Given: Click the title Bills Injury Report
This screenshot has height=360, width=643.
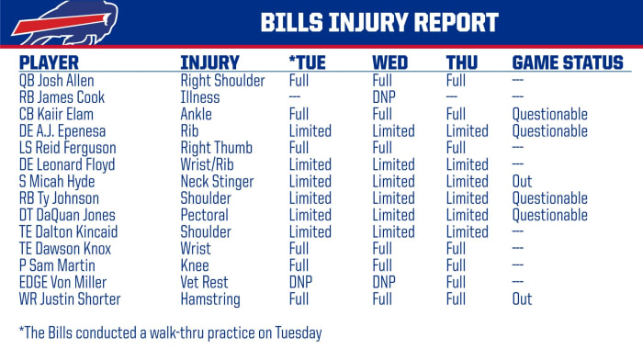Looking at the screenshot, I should pyautogui.click(x=378, y=23).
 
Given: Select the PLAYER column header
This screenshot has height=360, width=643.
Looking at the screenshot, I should pyautogui.click(x=50, y=63).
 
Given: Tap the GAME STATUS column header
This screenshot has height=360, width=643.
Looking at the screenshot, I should pyautogui.click(x=567, y=63).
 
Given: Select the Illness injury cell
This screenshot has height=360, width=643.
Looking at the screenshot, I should pyautogui.click(x=200, y=97).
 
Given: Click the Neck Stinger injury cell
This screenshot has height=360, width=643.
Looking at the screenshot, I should pyautogui.click(x=218, y=182).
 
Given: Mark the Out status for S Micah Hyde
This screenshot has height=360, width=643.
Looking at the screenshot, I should pyautogui.click(x=522, y=182).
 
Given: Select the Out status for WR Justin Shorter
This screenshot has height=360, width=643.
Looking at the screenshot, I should pyautogui.click(x=522, y=299).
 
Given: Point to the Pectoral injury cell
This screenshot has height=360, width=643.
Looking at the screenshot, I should pyautogui.click(x=208, y=215).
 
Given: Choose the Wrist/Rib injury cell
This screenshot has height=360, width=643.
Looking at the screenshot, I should pyautogui.click(x=209, y=165).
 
